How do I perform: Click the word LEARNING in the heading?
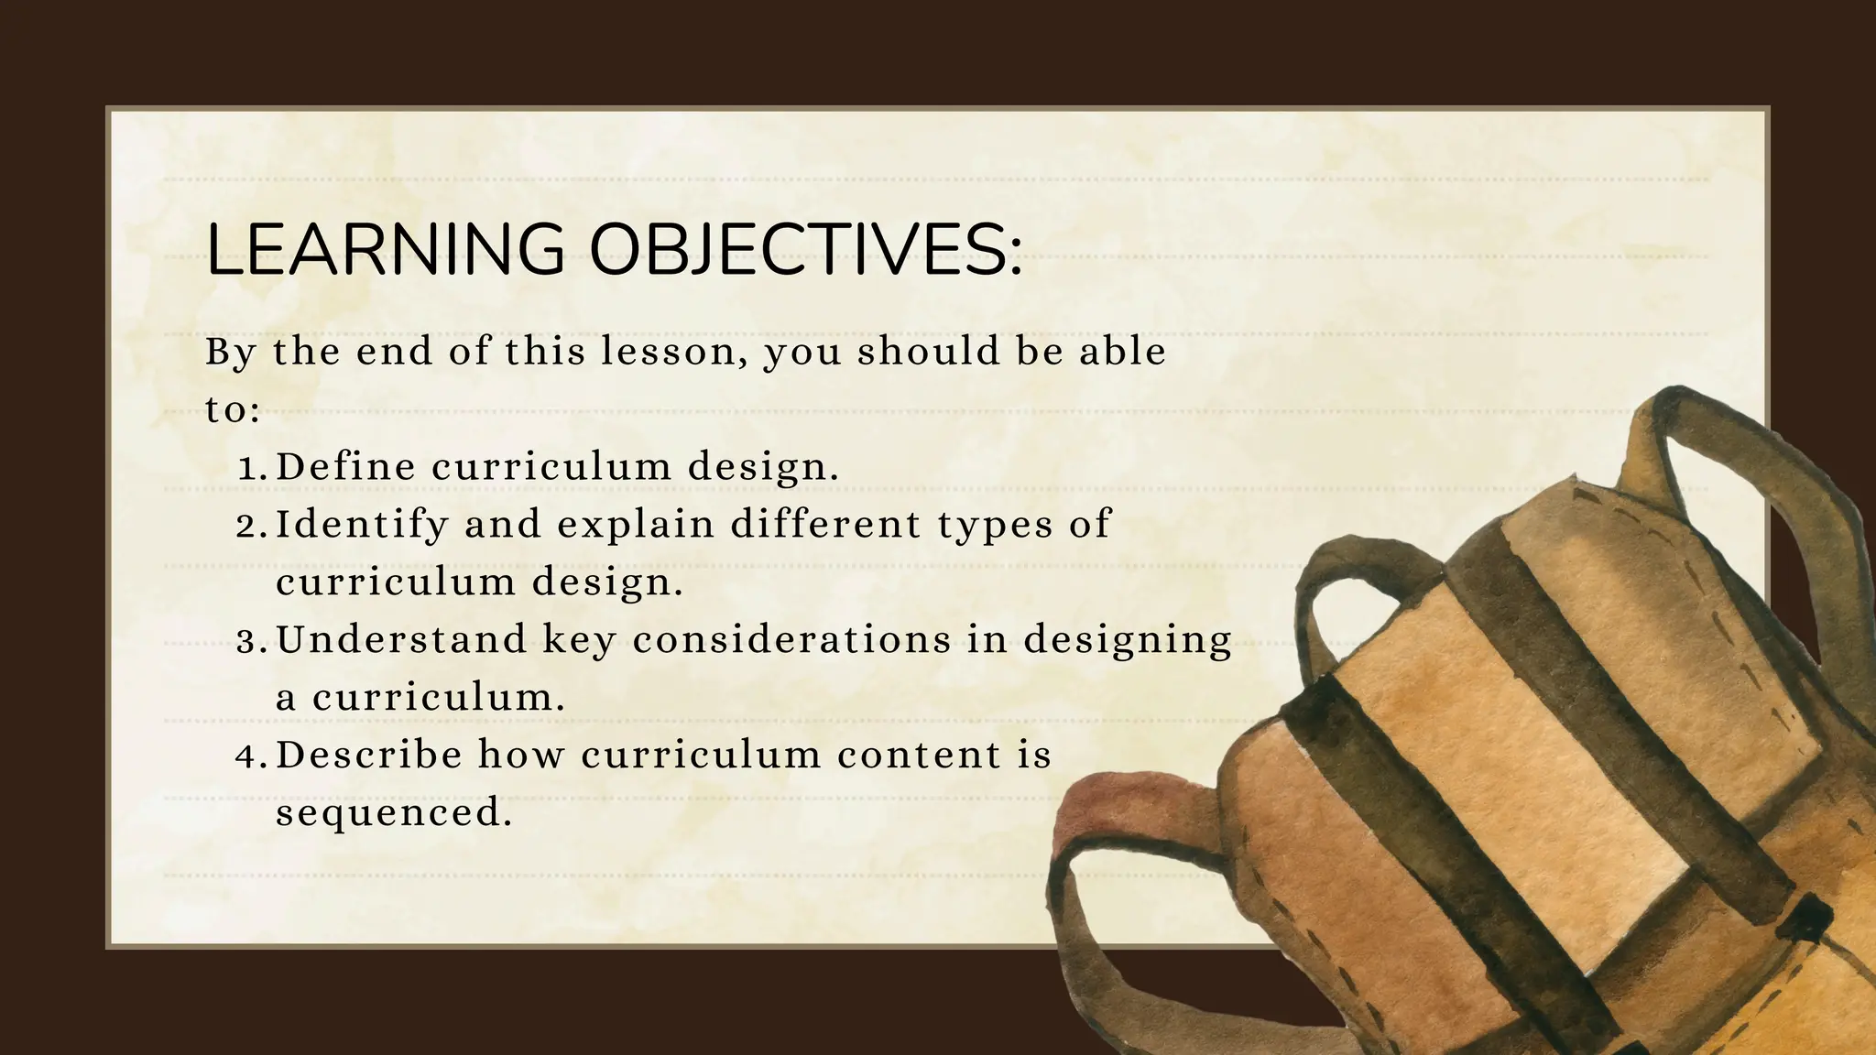(386, 249)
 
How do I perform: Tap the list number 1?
(250, 469)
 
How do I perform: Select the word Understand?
(401, 640)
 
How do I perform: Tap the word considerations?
(792, 640)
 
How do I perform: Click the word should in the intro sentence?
(928, 352)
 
